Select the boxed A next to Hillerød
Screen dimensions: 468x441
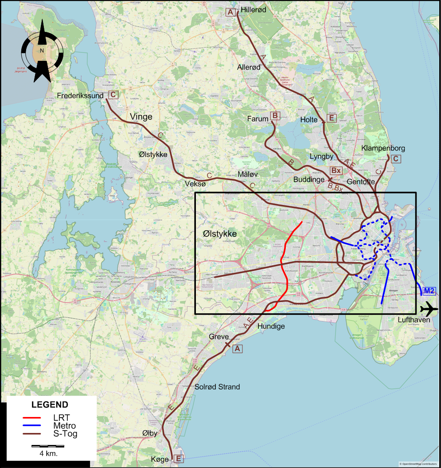coord(230,12)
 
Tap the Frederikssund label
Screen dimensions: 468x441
coord(80,95)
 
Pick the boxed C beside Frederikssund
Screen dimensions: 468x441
coord(113,94)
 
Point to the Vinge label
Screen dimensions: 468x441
coord(141,117)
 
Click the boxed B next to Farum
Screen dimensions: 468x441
coord(275,116)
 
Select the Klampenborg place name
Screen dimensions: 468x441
coord(383,148)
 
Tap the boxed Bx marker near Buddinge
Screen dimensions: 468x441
coord(336,171)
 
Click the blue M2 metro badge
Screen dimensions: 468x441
coord(429,291)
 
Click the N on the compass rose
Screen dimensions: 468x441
coord(42,51)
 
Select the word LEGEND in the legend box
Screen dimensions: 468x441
coord(50,405)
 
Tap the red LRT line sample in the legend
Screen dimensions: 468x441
coord(31,418)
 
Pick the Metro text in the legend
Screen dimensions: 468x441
coord(64,426)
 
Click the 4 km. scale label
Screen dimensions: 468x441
coord(48,454)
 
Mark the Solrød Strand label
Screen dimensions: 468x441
coord(217,387)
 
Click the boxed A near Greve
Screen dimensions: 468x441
coord(238,349)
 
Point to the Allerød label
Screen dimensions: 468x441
coord(249,67)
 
